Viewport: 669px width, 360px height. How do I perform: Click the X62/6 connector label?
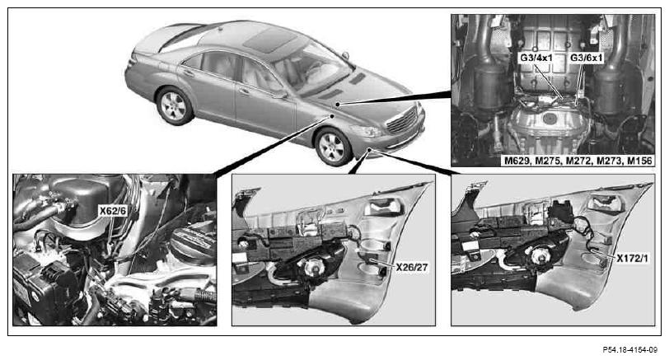[113, 210]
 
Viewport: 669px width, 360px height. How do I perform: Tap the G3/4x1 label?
[536, 58]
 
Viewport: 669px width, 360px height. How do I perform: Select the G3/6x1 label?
[587, 58]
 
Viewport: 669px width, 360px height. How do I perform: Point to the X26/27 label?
[412, 268]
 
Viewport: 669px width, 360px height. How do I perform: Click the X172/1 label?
[632, 258]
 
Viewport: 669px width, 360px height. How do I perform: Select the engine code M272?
[578, 161]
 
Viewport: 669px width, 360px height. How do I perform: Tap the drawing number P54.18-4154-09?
[629, 350]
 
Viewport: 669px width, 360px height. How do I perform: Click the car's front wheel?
[332, 147]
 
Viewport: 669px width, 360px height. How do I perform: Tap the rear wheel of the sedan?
[174, 105]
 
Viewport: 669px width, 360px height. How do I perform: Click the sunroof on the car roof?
[269, 40]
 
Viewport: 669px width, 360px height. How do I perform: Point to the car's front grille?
[401, 120]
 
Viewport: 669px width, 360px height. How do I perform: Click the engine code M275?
[547, 161]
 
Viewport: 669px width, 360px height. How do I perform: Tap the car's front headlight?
[366, 131]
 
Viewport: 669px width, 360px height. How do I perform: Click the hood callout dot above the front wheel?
[332, 115]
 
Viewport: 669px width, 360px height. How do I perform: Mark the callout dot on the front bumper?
[369, 149]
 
